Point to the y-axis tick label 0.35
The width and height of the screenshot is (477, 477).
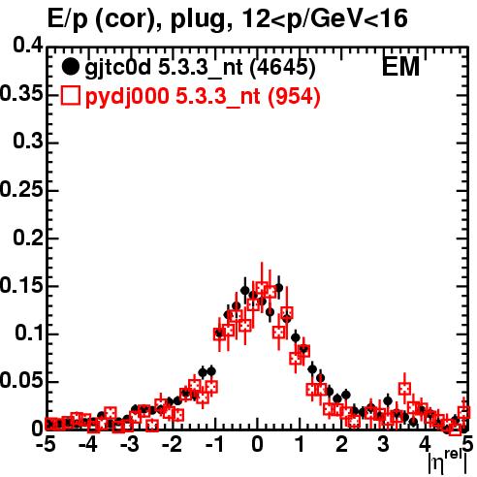coord(21,94)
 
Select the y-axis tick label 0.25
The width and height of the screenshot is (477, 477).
coord(21,189)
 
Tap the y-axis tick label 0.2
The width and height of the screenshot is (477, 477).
coord(27,237)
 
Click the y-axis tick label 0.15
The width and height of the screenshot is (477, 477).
coord(21,285)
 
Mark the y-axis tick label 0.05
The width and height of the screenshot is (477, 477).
coord(21,380)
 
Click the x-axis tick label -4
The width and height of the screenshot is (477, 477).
coord(88,444)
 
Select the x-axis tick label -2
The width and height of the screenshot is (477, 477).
coord(173,444)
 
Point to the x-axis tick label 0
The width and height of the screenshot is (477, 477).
coord(257,444)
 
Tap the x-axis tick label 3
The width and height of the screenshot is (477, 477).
coord(383,444)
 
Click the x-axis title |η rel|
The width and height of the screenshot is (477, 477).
coord(448,462)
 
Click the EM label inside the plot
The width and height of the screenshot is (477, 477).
coord(400,67)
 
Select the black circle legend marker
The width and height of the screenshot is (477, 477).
coord(70,67)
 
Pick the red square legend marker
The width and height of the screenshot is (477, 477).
coord(70,96)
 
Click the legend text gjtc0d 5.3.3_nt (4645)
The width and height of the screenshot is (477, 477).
coord(200,68)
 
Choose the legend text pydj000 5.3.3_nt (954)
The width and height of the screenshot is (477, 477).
coord(203,97)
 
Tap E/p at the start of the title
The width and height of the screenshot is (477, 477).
coord(68,19)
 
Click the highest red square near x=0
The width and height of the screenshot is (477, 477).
coord(262,287)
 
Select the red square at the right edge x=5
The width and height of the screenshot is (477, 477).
coord(464,413)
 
